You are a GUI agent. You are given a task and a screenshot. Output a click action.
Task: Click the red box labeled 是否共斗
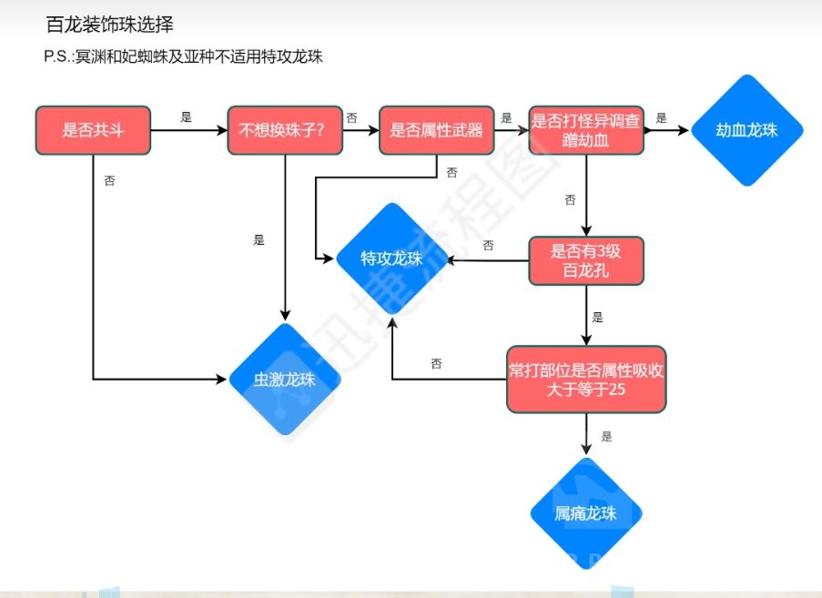pyautogui.click(x=92, y=130)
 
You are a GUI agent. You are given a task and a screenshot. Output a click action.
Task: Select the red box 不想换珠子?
pyautogui.click(x=287, y=130)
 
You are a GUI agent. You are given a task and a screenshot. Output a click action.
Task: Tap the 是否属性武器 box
pyautogui.click(x=436, y=130)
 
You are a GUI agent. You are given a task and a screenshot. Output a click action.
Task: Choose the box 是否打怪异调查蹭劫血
pyautogui.click(x=586, y=130)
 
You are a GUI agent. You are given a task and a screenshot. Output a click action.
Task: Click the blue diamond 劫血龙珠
pyautogui.click(x=746, y=130)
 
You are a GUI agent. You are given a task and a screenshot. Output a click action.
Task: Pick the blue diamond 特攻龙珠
pyautogui.click(x=391, y=259)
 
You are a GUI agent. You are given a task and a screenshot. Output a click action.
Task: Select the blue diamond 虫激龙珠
pyautogui.click(x=285, y=379)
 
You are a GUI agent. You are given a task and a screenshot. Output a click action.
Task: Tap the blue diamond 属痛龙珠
pyautogui.click(x=585, y=513)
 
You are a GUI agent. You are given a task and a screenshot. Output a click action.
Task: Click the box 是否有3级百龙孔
pyautogui.click(x=586, y=260)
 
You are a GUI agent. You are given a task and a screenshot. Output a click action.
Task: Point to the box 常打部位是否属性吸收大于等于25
pyautogui.click(x=586, y=380)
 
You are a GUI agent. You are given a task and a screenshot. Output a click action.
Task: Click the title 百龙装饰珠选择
pyautogui.click(x=109, y=25)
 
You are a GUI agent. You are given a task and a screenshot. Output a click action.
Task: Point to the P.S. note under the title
pyautogui.click(x=183, y=56)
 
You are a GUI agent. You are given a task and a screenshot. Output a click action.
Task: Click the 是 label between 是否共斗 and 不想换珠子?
pyautogui.click(x=187, y=117)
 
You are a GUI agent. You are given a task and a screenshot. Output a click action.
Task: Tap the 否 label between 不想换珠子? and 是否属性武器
pyautogui.click(x=351, y=117)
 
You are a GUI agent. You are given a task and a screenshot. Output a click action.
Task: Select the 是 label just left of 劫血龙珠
pyautogui.click(x=661, y=117)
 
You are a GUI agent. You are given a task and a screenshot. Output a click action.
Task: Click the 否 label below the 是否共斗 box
pyautogui.click(x=109, y=181)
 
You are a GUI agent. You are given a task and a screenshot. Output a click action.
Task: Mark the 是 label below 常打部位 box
pyautogui.click(x=606, y=437)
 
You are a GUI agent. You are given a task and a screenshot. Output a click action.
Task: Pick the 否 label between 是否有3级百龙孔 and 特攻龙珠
pyautogui.click(x=488, y=246)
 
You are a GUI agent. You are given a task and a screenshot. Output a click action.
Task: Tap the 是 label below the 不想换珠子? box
pyautogui.click(x=259, y=240)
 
